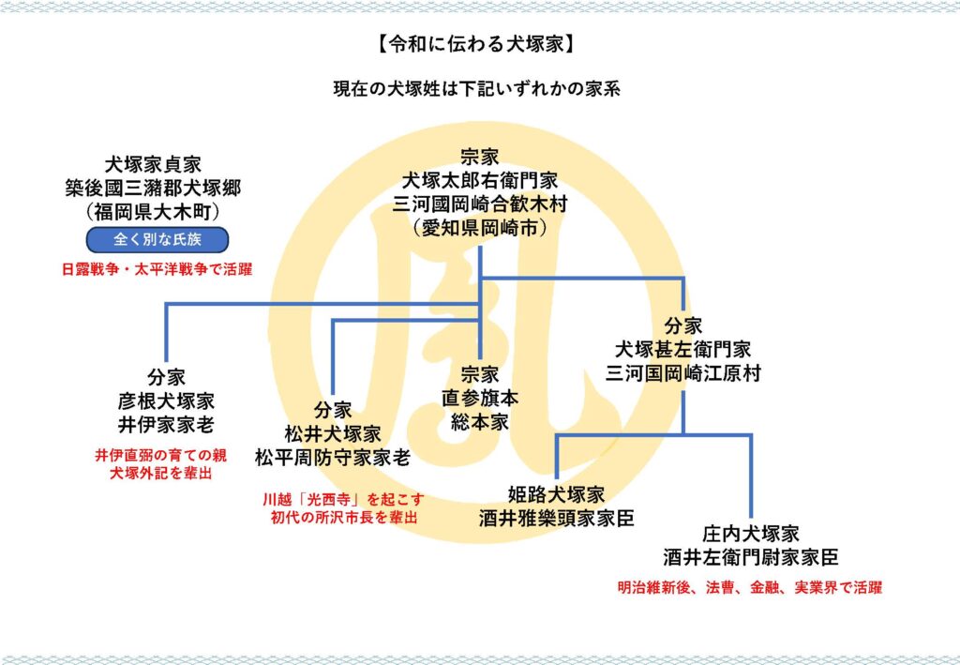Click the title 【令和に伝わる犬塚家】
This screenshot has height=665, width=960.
point(479,44)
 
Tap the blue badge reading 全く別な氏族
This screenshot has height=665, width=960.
point(157,239)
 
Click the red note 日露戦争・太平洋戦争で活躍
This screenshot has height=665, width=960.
point(157,269)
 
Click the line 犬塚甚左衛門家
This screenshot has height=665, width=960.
point(682,350)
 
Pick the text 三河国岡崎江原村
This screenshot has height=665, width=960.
point(682,373)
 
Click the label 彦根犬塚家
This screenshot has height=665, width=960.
point(167,400)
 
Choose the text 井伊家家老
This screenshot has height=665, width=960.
point(167,424)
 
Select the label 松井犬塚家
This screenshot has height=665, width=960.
point(333,433)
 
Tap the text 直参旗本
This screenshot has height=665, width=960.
point(480,398)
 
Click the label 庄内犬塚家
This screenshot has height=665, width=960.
point(751,534)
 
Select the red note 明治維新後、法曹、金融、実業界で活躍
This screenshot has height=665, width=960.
point(750,588)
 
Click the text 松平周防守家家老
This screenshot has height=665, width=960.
point(333,458)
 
